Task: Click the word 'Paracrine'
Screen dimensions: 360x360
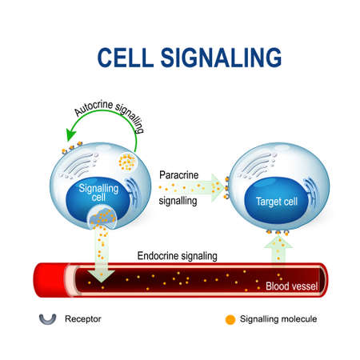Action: [x=180, y=174]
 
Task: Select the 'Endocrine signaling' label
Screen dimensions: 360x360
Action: [x=173, y=255]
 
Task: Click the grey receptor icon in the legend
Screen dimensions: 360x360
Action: [x=47, y=318]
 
